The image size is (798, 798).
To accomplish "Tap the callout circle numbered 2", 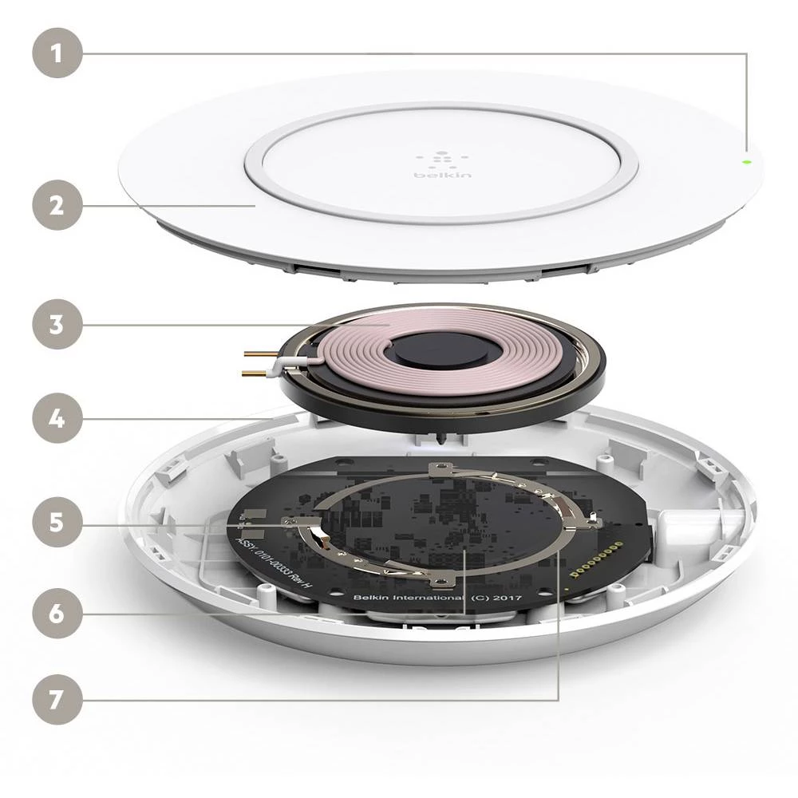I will pyautogui.click(x=57, y=205).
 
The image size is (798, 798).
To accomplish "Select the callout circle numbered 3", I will pyautogui.click(x=57, y=325).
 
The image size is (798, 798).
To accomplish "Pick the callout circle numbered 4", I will pyautogui.click(x=57, y=417).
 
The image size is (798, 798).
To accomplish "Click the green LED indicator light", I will pyautogui.click(x=746, y=160).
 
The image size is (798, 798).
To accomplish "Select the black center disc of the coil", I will pyautogui.click(x=424, y=353).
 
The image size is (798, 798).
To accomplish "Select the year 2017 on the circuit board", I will pyautogui.click(x=508, y=596).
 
